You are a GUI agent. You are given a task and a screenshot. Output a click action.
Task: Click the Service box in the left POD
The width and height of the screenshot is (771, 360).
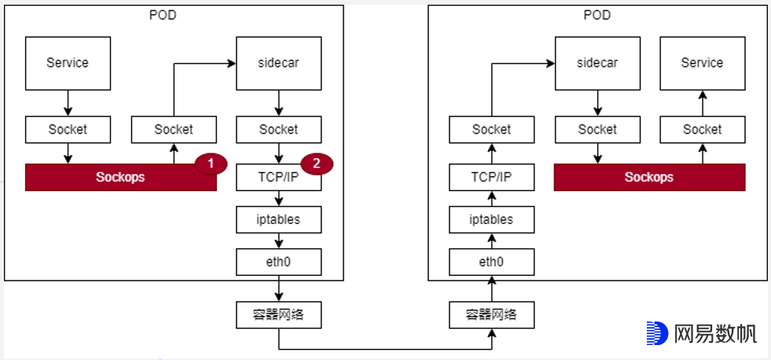pos(67,63)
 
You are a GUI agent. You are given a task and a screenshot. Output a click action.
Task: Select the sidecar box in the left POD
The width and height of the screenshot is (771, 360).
pos(278,63)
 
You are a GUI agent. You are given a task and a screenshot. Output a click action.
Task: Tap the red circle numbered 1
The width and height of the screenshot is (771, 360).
pos(210,164)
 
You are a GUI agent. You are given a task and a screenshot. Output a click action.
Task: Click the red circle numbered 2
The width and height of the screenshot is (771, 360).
pos(316,164)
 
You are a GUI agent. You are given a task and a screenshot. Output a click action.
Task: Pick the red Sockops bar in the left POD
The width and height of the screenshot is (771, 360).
pos(120,178)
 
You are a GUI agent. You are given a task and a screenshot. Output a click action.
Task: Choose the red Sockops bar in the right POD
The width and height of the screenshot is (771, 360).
pos(649,178)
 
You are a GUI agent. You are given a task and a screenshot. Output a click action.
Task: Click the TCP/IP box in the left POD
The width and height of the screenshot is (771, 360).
pos(278,178)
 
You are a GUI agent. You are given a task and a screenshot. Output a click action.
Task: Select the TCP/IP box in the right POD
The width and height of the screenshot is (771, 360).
pos(492,178)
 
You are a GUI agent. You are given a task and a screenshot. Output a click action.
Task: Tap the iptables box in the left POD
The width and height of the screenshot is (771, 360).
pos(278,219)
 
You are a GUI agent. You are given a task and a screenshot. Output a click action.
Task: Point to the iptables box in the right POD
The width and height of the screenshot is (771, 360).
pos(492,219)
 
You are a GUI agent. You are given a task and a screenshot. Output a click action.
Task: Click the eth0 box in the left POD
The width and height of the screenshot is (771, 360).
pos(278,262)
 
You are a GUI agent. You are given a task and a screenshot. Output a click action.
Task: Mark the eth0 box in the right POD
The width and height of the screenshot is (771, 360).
pos(492,262)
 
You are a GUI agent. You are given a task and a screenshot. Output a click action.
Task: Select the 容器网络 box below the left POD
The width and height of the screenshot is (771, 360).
pos(278,314)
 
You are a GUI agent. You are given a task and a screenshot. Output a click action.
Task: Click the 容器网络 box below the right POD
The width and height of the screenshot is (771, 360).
pos(492,314)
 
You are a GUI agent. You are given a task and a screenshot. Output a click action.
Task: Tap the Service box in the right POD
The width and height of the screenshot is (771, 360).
pos(702,63)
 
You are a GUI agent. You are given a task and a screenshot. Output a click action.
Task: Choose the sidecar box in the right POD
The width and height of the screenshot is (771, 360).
pos(597,63)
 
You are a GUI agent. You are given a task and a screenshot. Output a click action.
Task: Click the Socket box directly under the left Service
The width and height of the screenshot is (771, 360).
pos(67,130)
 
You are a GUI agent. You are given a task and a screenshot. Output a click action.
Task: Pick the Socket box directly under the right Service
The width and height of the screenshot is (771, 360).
pos(702,130)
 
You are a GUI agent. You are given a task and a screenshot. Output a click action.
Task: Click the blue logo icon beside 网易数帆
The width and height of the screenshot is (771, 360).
pos(657,332)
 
